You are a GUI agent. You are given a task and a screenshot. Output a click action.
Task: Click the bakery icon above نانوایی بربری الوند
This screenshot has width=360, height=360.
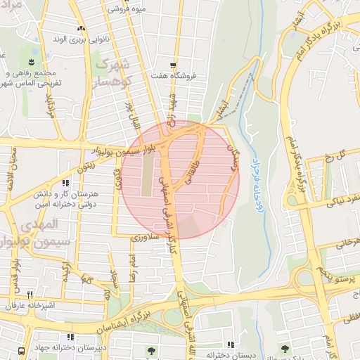[81, 29]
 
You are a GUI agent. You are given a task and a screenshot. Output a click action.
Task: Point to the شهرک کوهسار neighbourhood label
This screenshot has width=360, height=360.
[110, 75]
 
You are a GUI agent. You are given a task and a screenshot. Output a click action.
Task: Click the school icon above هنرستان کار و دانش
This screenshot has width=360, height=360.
[65, 183]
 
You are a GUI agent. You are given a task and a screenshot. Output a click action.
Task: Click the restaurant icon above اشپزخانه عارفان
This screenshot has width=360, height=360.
[30, 295]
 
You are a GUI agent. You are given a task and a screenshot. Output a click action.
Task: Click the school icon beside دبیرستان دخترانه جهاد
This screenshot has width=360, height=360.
[70, 337]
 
